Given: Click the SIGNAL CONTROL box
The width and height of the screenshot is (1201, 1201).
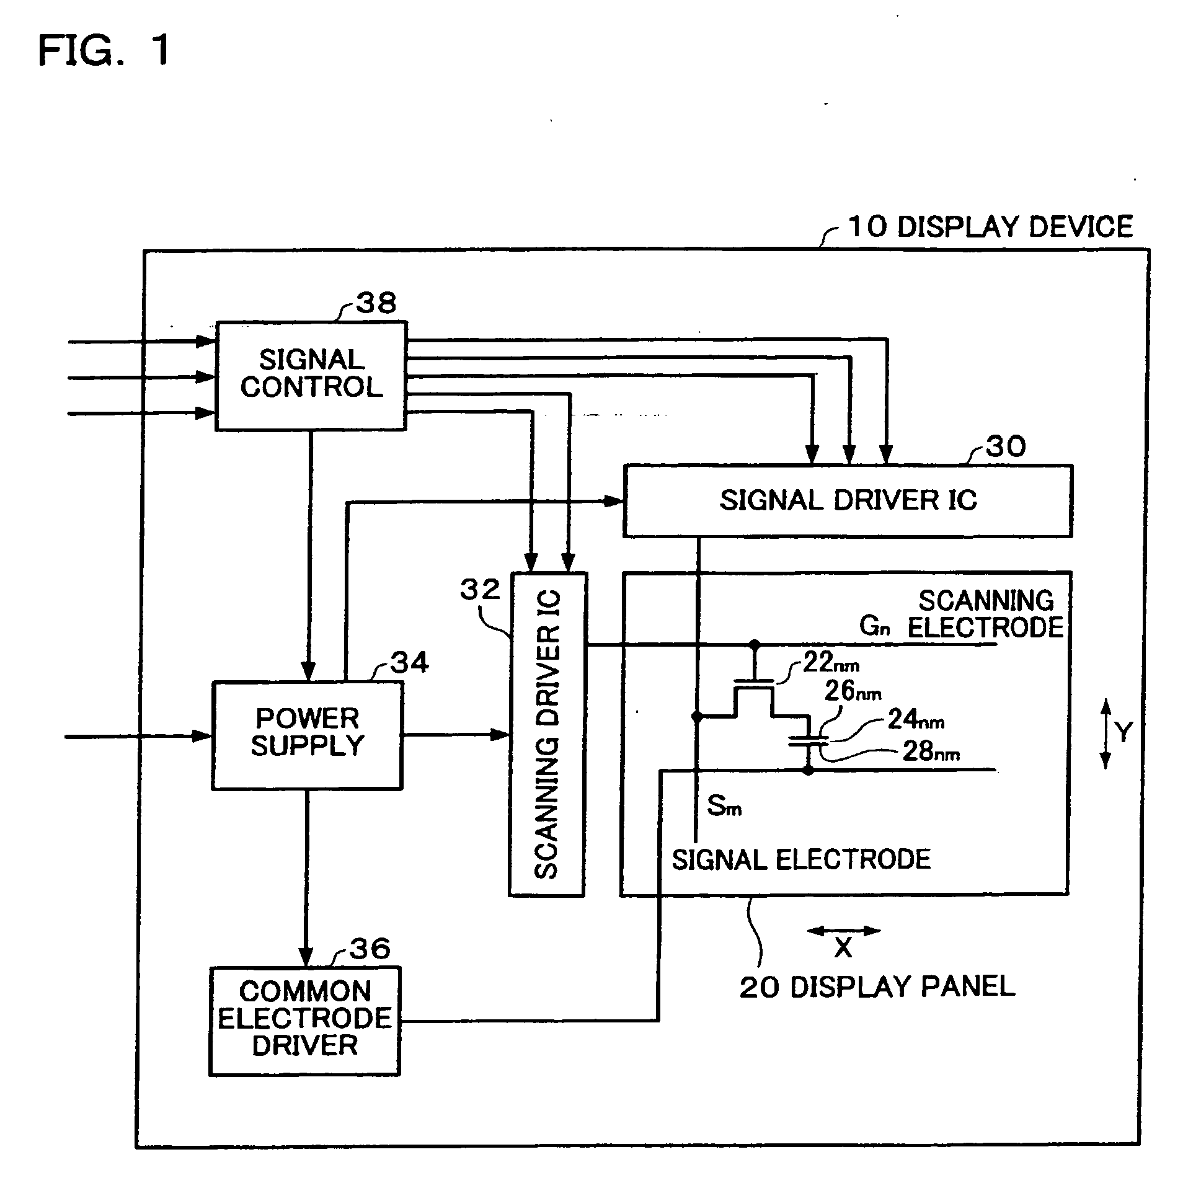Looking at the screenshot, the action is click(x=311, y=376).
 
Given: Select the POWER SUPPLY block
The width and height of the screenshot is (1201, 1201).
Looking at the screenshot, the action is click(x=308, y=735).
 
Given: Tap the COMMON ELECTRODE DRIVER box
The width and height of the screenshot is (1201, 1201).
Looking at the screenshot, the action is click(x=304, y=1021).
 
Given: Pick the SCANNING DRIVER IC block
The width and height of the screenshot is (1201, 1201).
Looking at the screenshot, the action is click(x=547, y=733).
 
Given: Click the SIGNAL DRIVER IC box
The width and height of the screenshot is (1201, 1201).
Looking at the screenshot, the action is click(x=848, y=500).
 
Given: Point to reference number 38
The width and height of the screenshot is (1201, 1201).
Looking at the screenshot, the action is click(x=376, y=303).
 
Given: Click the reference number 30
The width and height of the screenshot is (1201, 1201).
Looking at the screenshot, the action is click(x=1006, y=446).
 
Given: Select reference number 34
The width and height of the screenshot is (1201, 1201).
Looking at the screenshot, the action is click(x=410, y=663).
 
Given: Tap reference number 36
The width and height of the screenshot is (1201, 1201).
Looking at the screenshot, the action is click(x=371, y=949).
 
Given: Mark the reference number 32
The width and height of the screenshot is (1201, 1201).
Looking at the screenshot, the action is click(x=480, y=589).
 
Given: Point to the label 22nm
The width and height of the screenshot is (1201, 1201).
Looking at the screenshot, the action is click(x=831, y=663).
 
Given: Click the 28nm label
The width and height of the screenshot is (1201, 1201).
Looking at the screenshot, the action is click(x=931, y=751).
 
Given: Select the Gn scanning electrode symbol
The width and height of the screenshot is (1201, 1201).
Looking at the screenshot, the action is click(x=875, y=626).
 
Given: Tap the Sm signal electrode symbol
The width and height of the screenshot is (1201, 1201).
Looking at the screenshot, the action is click(x=724, y=806).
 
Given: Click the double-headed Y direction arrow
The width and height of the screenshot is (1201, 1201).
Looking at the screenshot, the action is click(x=1106, y=733).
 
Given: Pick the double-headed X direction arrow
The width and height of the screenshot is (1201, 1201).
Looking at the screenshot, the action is click(x=844, y=931).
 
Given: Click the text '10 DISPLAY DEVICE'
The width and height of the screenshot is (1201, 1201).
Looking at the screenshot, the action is click(x=990, y=227).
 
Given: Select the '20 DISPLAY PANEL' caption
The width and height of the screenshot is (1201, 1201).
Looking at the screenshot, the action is click(x=877, y=986).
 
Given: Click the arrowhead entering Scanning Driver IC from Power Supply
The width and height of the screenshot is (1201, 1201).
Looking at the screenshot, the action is click(x=500, y=735).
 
